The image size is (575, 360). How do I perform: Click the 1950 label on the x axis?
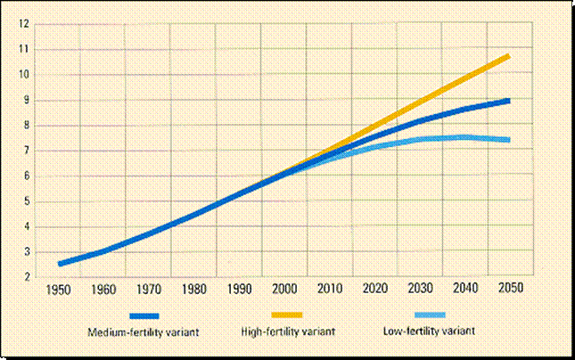pyautogui.click(x=59, y=290)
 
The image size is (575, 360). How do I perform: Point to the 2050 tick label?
pyautogui.click(x=511, y=290)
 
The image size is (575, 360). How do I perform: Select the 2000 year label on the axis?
pyautogui.click(x=284, y=290)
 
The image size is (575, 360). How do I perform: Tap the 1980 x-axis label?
pyautogui.click(x=194, y=290)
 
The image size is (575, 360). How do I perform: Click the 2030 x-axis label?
pyautogui.click(x=421, y=290)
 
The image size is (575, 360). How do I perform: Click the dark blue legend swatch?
pyautogui.click(x=144, y=315)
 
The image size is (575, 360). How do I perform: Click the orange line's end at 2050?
pyautogui.click(x=509, y=56)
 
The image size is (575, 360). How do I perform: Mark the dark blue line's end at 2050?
pyautogui.click(x=509, y=101)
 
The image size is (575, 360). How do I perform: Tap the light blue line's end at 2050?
pyautogui.click(x=509, y=140)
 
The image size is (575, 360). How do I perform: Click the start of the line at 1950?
pyautogui.click(x=59, y=264)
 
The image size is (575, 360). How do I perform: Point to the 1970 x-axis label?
pyautogui.click(x=149, y=290)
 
